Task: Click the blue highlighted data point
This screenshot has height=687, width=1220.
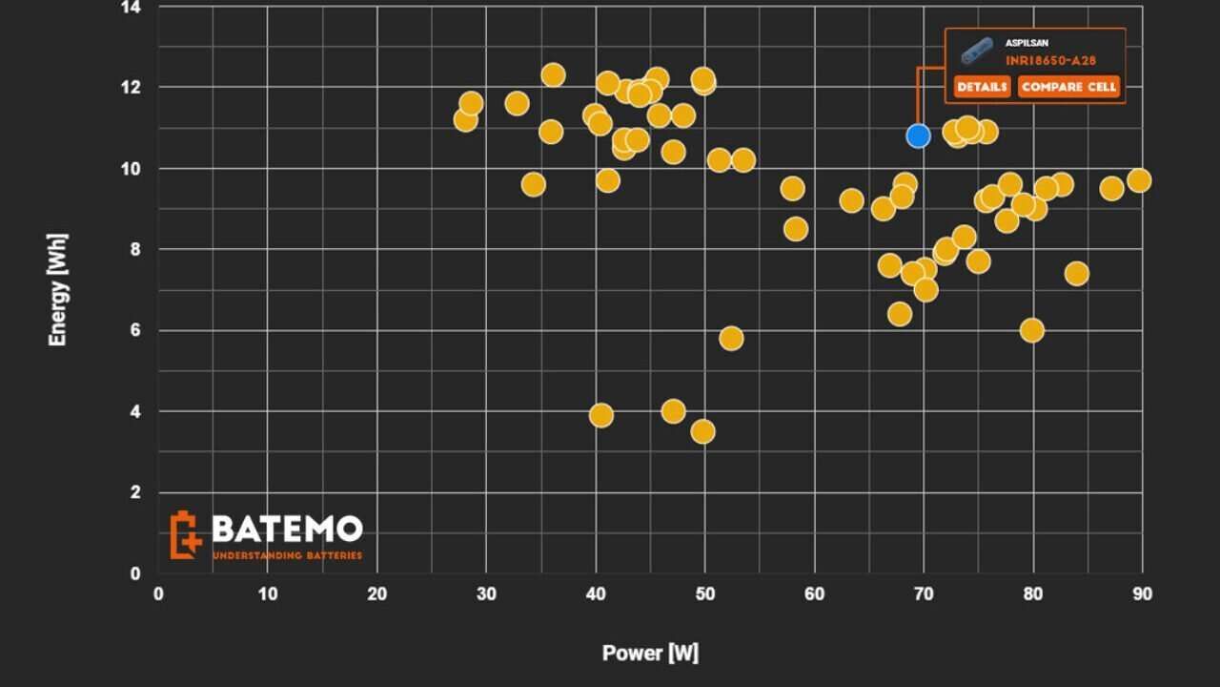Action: (x=918, y=135)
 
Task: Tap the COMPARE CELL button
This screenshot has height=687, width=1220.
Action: (x=1067, y=87)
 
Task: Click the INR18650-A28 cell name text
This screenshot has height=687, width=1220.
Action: (x=1050, y=60)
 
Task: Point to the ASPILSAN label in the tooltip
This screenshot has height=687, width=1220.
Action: (x=1027, y=43)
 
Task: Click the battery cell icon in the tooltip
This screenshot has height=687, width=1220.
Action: (x=977, y=51)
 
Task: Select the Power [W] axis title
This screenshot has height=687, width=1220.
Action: (x=650, y=654)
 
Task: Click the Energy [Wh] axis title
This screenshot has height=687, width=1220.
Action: (x=58, y=289)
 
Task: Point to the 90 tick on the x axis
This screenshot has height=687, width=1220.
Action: (x=1142, y=594)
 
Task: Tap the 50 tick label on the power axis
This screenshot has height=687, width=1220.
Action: (x=704, y=594)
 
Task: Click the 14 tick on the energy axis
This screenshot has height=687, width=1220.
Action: (x=132, y=8)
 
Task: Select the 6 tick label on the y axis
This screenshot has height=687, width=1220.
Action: (x=136, y=330)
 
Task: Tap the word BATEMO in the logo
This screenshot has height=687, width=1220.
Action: (x=287, y=529)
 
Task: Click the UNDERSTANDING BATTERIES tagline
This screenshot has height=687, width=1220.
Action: (x=287, y=555)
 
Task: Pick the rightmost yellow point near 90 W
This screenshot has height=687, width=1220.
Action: (x=1138, y=180)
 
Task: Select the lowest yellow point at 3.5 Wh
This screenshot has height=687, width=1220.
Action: (x=702, y=431)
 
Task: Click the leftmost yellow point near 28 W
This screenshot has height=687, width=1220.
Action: (x=465, y=119)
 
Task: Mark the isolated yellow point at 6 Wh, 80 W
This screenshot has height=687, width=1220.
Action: (x=1031, y=330)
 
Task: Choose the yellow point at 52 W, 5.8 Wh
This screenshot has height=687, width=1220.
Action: (x=731, y=338)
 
